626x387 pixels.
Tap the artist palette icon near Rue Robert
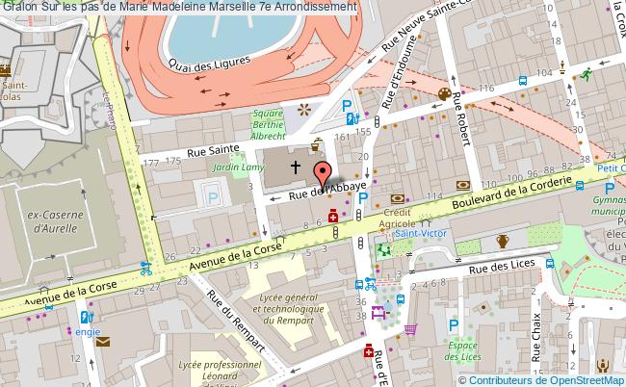coord(444,93)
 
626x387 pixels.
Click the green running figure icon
coord(584,74)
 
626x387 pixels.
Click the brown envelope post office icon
coord(103,341)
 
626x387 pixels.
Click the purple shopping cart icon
coord(411,330)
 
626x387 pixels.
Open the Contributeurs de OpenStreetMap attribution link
coord(547,379)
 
